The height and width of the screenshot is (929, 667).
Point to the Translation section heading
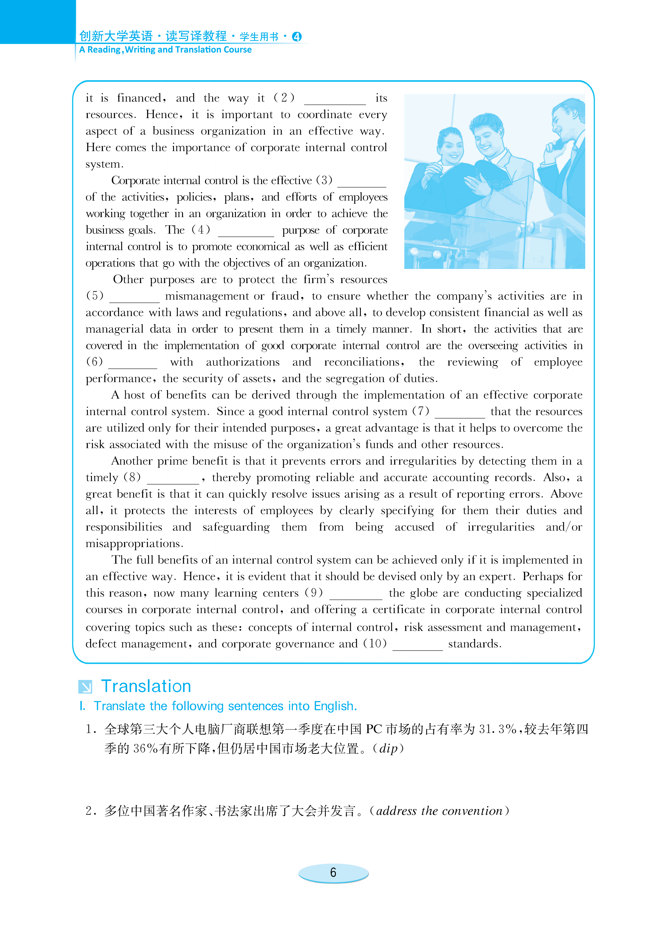pos(146,686)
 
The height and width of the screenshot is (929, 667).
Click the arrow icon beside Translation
pos(85,686)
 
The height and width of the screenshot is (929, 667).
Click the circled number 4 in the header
pos(297,37)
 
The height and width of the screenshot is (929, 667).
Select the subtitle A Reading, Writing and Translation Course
pos(165,50)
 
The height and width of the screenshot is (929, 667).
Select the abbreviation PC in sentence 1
pos(374,729)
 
